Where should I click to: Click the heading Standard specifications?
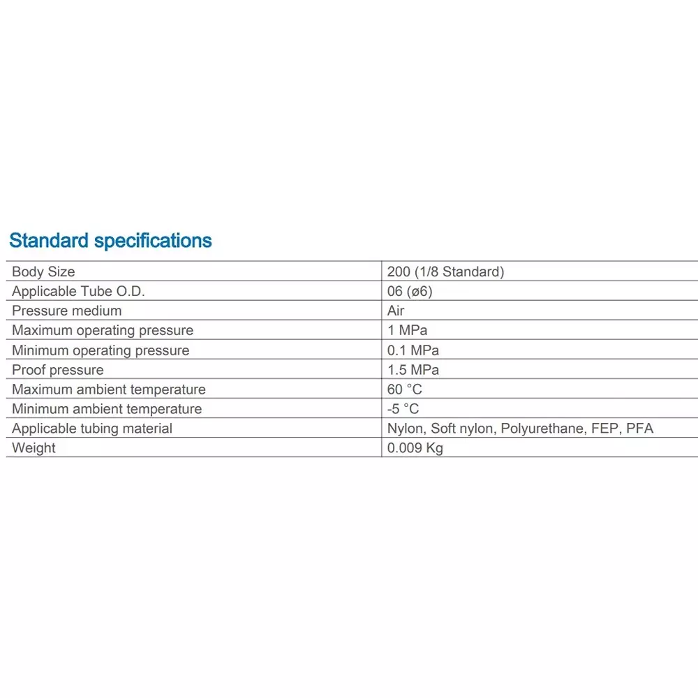point(110,241)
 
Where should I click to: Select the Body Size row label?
point(43,272)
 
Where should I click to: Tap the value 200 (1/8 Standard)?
point(445,272)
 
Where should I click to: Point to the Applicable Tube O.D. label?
point(78,291)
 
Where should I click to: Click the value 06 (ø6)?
point(410,291)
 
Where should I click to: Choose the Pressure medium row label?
point(66,311)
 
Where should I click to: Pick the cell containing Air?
point(396,311)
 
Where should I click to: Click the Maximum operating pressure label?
point(103,330)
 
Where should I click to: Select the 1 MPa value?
point(407,330)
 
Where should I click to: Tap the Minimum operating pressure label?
point(101,350)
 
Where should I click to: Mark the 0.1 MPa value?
point(413,350)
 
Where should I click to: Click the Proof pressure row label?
point(57,369)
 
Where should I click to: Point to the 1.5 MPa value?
point(413,369)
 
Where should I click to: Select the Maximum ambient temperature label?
point(109,389)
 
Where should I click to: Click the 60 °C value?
point(405,389)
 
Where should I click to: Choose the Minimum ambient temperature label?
point(107,408)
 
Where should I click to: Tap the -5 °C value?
point(403,408)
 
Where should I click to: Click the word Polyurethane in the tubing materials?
point(542,428)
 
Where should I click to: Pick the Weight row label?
point(34,447)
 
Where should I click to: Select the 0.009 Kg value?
point(415,447)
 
